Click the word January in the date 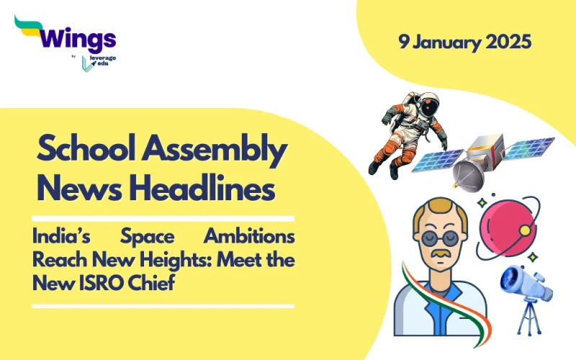click(x=451, y=42)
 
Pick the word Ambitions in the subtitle click(x=248, y=237)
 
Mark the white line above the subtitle click(x=163, y=218)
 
